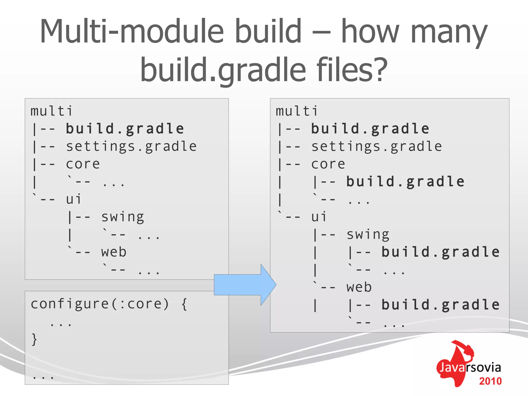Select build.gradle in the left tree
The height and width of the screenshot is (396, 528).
point(125,129)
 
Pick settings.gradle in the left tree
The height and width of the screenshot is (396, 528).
point(131,147)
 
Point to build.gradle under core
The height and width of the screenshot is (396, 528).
point(405,181)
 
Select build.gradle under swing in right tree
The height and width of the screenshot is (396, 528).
point(440,252)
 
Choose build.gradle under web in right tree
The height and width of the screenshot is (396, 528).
point(440,305)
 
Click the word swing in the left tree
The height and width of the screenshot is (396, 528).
point(122,217)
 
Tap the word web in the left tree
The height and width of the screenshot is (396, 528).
point(114,252)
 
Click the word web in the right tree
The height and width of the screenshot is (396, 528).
point(359,287)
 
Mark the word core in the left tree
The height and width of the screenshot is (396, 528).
point(83,164)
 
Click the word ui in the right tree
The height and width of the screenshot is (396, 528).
point(319,217)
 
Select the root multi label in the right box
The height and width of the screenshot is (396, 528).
point(297,111)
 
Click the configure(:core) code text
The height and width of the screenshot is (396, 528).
point(100,304)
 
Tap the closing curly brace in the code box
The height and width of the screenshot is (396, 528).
point(34,339)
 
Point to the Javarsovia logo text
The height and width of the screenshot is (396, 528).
point(470,367)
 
